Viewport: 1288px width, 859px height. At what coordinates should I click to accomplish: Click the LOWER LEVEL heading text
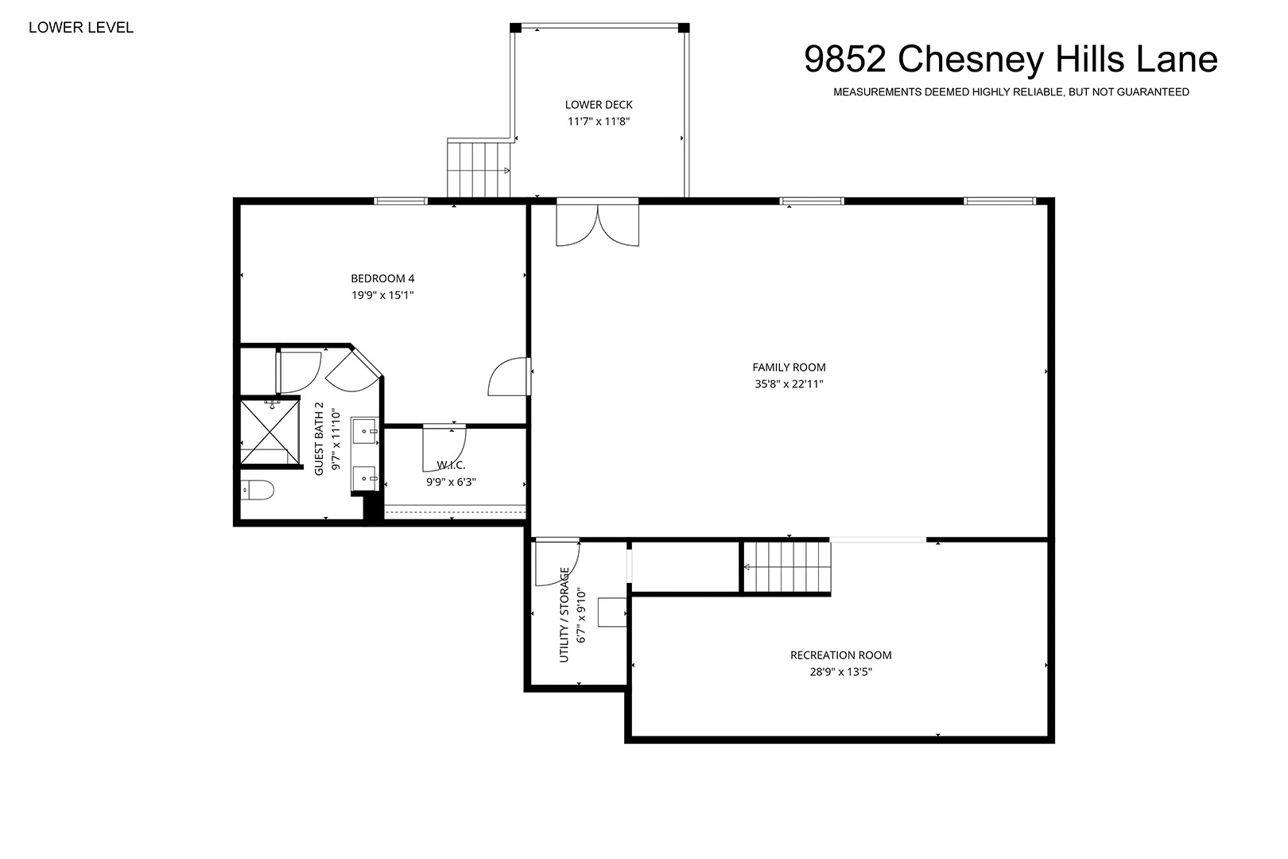81,27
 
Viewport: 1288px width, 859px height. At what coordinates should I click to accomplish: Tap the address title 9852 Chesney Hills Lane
1011,59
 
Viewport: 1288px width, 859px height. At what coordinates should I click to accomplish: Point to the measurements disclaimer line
1011,92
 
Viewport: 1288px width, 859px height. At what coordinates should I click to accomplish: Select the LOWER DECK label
599,105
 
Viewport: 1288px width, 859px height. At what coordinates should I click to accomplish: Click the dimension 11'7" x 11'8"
599,122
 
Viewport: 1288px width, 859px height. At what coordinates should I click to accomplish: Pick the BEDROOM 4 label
382,278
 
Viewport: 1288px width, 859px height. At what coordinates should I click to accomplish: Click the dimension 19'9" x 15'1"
382,295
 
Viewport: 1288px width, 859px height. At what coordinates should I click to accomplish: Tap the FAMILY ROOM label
789,367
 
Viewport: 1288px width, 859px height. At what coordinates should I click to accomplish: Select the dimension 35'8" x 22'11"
789,383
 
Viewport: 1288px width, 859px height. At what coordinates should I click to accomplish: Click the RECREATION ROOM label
840,655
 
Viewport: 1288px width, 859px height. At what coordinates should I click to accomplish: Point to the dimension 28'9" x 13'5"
840,671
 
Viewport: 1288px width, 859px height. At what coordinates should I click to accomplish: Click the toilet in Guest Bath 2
257,490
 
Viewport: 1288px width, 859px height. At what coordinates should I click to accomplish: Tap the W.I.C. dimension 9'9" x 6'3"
451,482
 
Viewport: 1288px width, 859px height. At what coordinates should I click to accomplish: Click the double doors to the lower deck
597,223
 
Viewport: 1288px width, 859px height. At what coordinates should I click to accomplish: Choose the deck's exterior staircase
479,169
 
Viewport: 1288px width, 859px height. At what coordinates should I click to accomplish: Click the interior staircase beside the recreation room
787,567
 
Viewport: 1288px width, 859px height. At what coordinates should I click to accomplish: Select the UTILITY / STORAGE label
564,615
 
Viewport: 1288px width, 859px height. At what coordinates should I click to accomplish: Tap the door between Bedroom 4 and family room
510,376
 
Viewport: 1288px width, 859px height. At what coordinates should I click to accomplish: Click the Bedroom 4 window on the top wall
401,200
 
